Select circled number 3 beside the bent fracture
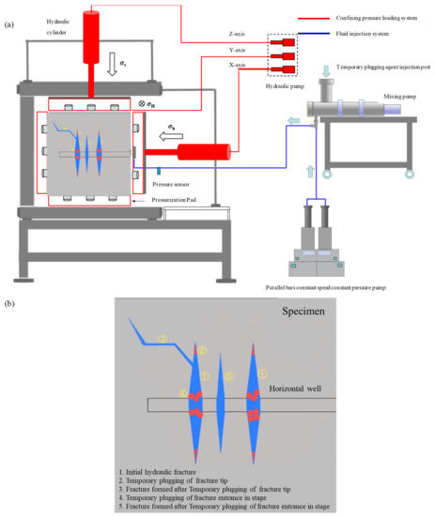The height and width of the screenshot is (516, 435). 162,338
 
